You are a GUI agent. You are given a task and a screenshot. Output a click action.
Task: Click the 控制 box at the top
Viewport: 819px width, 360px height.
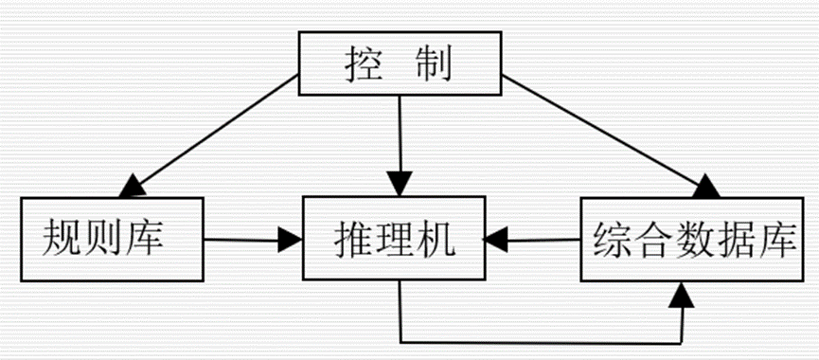[x=399, y=64]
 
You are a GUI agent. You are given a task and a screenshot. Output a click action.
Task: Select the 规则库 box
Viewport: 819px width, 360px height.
[x=112, y=240]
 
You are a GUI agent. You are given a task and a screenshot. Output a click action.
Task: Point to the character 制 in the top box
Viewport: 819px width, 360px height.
[x=438, y=65]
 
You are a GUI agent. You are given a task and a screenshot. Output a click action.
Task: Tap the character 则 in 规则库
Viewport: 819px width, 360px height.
[x=107, y=241]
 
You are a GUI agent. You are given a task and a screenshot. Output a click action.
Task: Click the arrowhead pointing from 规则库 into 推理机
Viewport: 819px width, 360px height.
[x=287, y=240]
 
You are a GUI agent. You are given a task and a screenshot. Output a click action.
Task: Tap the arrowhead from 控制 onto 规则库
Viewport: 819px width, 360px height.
[x=132, y=186]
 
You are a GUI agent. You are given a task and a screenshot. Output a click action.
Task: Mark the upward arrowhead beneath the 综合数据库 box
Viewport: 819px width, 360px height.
[x=681, y=296]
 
